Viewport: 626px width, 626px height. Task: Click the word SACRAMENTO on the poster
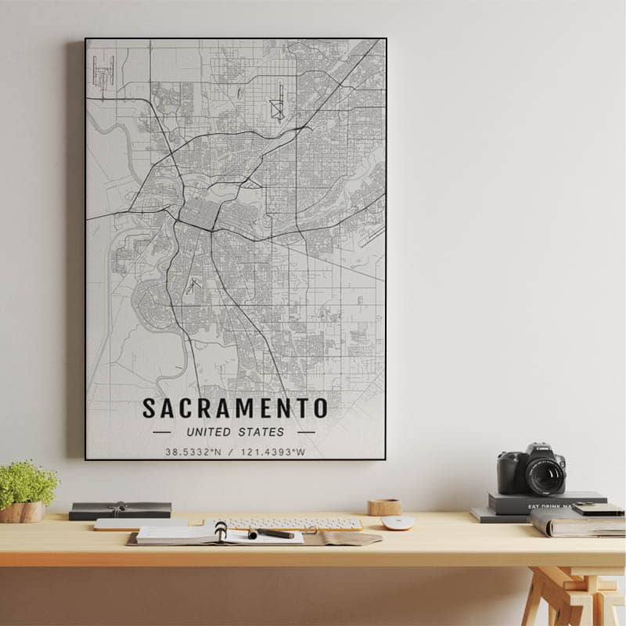pos(235,408)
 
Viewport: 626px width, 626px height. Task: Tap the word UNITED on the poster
pos(209,432)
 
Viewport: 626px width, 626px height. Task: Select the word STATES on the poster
pos(262,432)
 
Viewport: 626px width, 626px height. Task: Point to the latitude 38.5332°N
pos(193,452)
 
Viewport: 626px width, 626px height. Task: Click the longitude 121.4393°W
pos(273,452)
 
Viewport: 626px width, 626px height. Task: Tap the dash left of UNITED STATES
pos(161,432)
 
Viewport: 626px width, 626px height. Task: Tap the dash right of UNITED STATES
pos(306,432)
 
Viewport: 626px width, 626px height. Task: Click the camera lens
pos(545,474)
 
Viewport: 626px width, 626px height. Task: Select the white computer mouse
pos(398,523)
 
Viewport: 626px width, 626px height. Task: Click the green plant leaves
pos(27,482)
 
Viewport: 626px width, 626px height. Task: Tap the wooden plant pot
pos(23,512)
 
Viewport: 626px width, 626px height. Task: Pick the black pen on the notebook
pos(272,534)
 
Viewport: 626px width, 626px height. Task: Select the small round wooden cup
pos(384,507)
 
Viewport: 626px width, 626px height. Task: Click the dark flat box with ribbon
pos(120,510)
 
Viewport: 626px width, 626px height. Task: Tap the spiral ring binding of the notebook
pos(221,531)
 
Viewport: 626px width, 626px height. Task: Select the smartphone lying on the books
pos(598,509)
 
